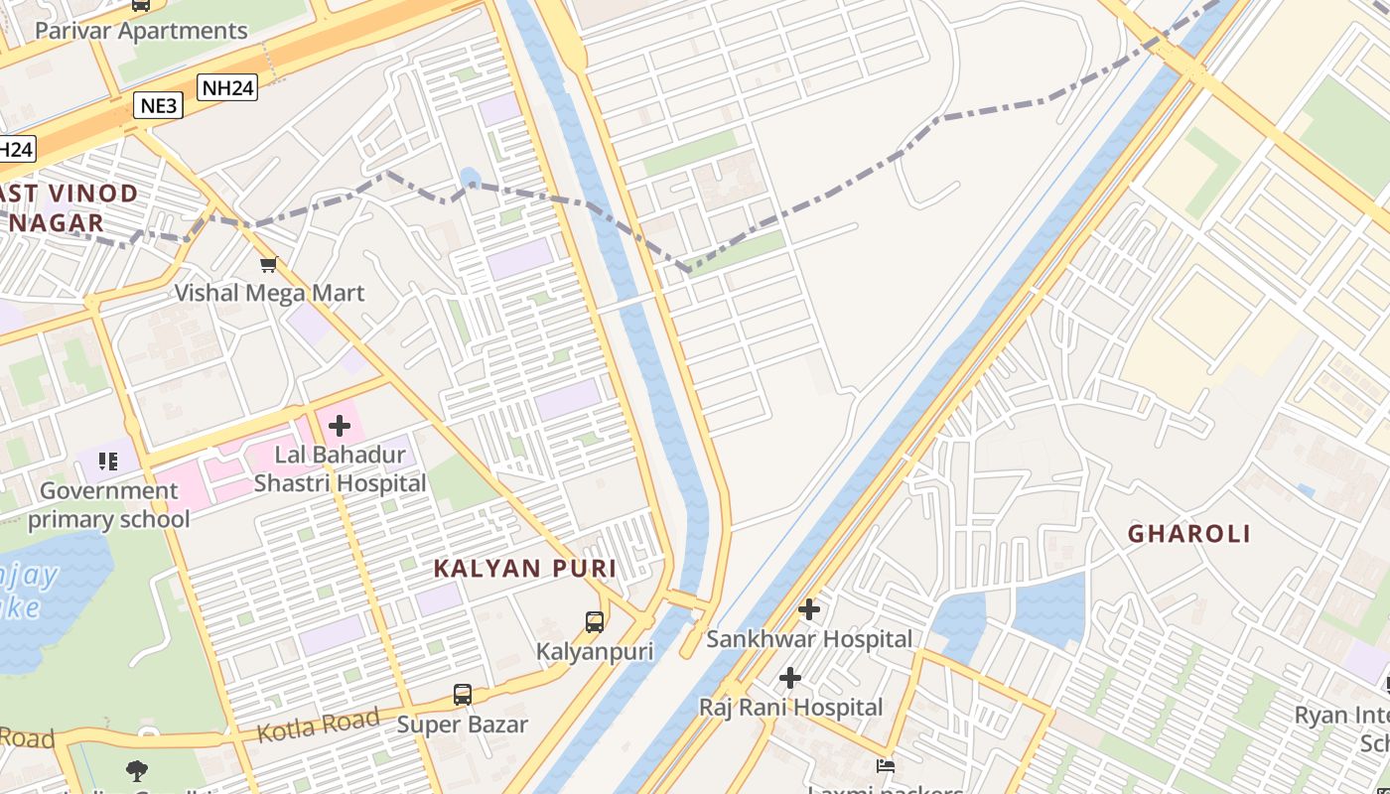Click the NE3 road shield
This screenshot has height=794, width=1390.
click(x=158, y=105)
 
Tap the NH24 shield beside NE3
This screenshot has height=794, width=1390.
click(x=227, y=87)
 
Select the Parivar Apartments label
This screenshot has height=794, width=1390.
click(x=141, y=31)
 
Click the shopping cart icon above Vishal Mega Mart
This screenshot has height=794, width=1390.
click(x=268, y=264)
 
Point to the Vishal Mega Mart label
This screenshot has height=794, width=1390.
click(x=269, y=293)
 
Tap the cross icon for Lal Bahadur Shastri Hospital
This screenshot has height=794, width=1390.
click(x=340, y=426)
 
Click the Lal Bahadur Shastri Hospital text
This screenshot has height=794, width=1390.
click(x=340, y=469)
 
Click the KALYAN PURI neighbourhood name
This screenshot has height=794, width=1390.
click(x=525, y=569)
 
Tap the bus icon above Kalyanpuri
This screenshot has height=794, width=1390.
click(x=594, y=622)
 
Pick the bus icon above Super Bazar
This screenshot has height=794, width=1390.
click(x=463, y=695)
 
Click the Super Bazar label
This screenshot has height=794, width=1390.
click(x=463, y=725)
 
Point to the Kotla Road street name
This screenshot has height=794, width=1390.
click(x=318, y=726)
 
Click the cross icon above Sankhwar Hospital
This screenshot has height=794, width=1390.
click(x=809, y=609)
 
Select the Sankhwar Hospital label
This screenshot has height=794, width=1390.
click(x=808, y=639)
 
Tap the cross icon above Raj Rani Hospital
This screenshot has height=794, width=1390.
click(x=790, y=678)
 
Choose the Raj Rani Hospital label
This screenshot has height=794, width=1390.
click(x=790, y=708)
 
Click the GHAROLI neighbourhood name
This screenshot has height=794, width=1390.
click(x=1189, y=534)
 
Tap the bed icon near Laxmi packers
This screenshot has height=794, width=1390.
click(x=886, y=765)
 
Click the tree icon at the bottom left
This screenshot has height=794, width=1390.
click(x=137, y=770)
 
